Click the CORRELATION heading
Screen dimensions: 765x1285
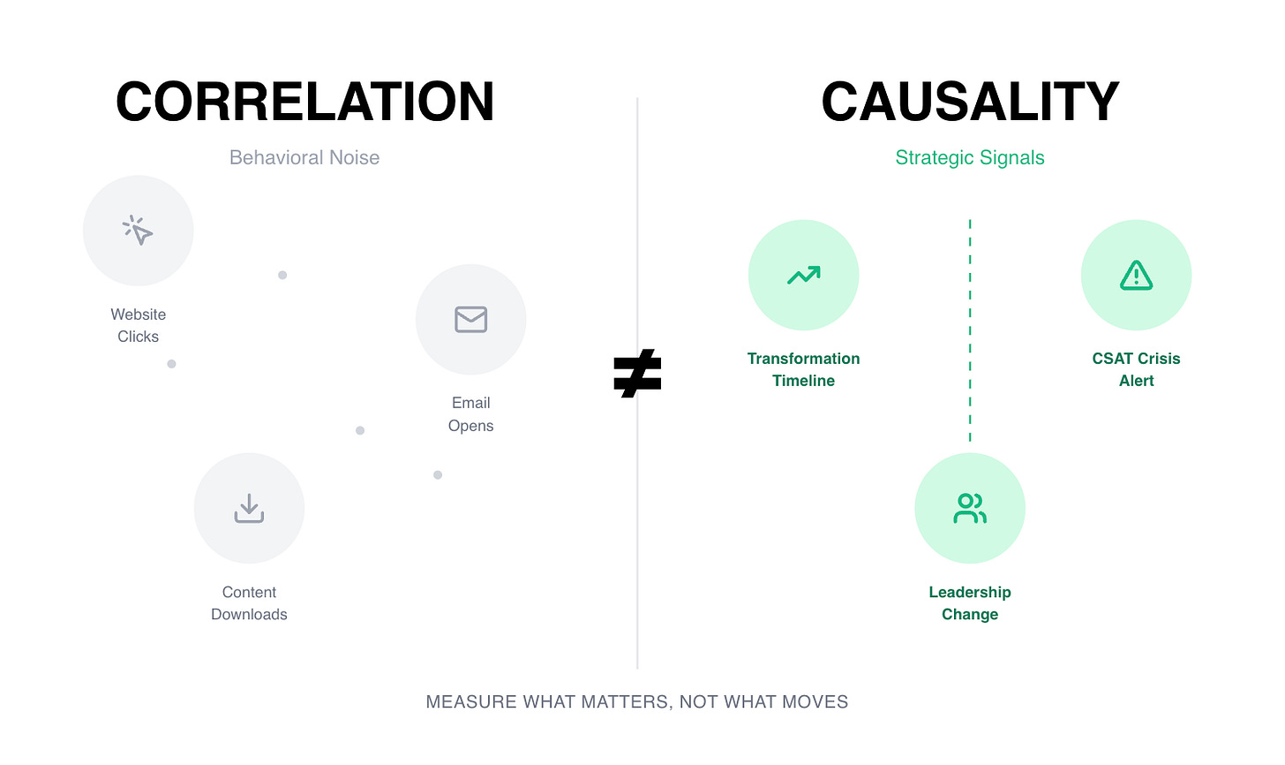304,102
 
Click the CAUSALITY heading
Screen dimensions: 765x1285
970,102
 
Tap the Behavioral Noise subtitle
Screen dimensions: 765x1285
304,157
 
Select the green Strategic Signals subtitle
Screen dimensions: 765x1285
970,157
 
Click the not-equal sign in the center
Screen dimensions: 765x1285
637,373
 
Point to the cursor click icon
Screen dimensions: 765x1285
138,231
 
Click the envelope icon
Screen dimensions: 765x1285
470,319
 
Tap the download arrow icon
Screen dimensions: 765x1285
249,508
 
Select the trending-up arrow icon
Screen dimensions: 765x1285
803,276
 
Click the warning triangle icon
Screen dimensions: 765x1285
1136,276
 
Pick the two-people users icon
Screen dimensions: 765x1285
970,508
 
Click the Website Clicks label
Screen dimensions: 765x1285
139,325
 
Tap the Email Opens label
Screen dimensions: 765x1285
470,413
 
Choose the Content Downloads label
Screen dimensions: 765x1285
249,603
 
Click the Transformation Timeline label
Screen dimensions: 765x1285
803,369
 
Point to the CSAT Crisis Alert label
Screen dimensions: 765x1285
1136,369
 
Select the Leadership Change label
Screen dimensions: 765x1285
970,603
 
